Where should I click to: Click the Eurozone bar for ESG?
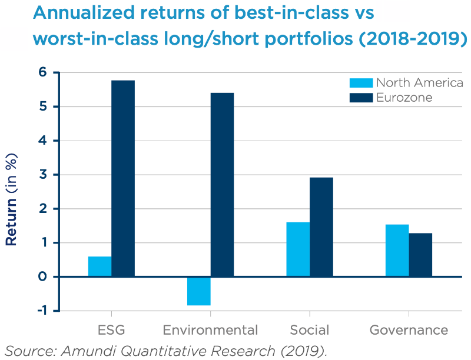[x=123, y=178]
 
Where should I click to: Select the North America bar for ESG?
[x=99, y=266]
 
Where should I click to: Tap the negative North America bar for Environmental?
[x=199, y=291]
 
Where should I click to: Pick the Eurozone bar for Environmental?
[x=222, y=185]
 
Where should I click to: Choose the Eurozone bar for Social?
[x=321, y=227]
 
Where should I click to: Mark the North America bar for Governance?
[x=397, y=251]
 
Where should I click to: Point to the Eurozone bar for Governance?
[x=420, y=255]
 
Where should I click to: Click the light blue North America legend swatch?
[x=359, y=83]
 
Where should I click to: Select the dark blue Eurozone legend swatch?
[x=359, y=98]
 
